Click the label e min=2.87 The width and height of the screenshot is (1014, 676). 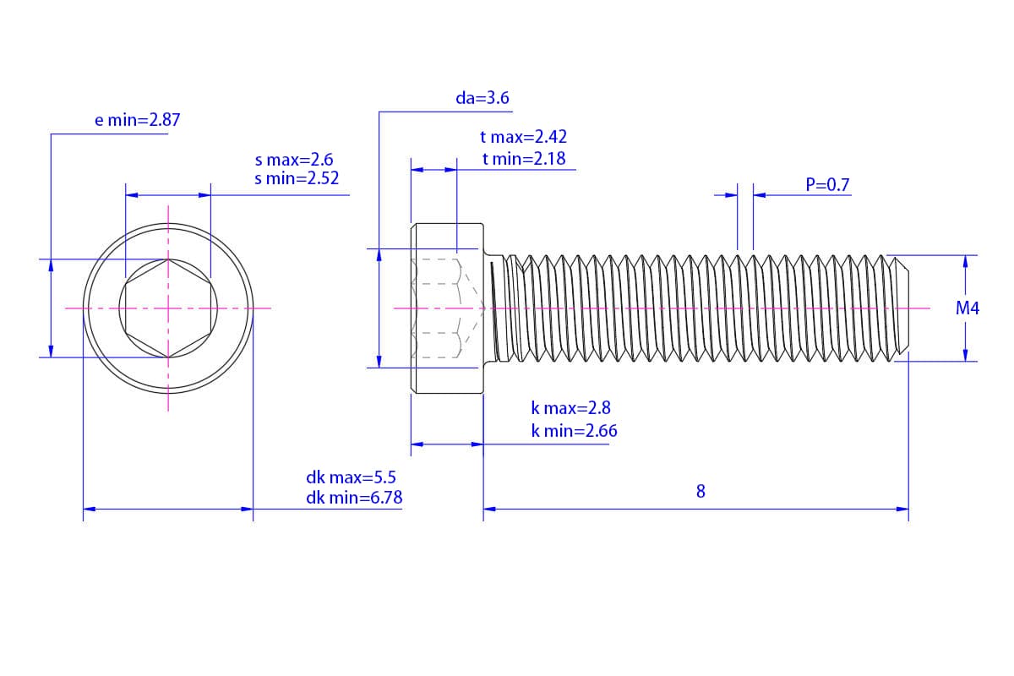click(137, 120)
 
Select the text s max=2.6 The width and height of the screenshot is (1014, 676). click(294, 160)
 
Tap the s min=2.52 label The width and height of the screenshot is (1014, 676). click(297, 178)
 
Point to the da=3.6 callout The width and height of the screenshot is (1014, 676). click(482, 98)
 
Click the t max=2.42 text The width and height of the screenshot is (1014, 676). click(523, 137)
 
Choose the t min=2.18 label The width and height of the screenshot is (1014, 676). click(524, 159)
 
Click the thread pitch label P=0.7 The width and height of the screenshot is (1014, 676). click(827, 185)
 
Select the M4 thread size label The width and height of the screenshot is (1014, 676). click(968, 308)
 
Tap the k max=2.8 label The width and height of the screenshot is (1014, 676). click(571, 408)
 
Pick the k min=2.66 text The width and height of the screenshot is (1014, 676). click(574, 431)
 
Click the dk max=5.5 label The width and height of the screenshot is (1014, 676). click(351, 477)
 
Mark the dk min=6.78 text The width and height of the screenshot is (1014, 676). click(354, 498)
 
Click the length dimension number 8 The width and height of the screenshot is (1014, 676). click(701, 491)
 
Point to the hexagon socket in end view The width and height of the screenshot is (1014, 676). click(168, 308)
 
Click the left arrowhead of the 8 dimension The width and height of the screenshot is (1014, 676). click(489, 509)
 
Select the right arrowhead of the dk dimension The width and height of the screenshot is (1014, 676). click(247, 509)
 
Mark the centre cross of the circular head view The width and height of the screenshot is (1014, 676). click(168, 308)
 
